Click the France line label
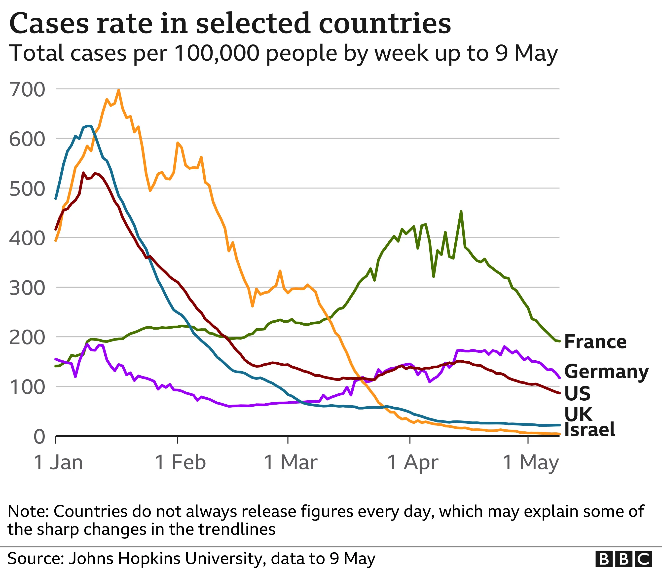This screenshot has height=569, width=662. click(595, 342)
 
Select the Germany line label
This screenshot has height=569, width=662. click(606, 372)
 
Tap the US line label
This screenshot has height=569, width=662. click(577, 393)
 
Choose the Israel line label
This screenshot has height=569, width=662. click(589, 429)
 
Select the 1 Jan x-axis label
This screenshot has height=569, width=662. click(58, 462)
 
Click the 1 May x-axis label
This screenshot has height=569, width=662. click(531, 462)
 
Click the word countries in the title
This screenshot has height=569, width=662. click(385, 24)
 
